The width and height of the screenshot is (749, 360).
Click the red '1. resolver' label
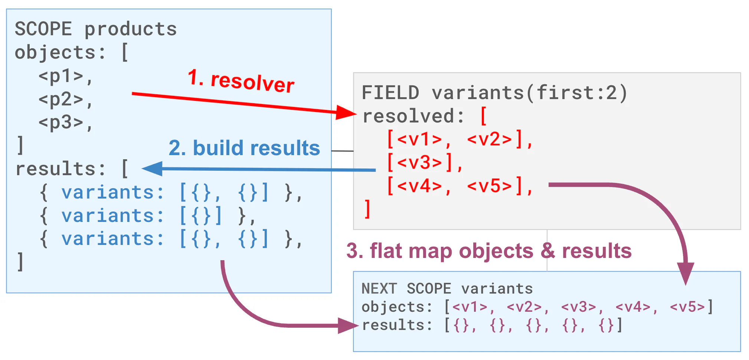[241, 81]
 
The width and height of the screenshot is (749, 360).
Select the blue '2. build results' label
[244, 148]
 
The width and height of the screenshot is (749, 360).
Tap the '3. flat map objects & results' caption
[489, 251]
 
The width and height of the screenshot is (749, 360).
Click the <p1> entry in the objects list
[61, 76]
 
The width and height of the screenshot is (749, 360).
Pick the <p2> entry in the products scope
[61, 99]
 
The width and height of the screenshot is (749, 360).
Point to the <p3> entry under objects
[61, 122]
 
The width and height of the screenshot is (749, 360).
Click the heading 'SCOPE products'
[96, 29]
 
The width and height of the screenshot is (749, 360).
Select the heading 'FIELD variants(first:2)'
[494, 93]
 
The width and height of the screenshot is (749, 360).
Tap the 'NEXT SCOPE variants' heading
[447, 289]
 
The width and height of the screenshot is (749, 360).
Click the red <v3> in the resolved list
[420, 163]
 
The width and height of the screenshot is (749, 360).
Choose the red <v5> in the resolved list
[490, 186]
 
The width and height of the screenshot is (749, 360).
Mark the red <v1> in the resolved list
[420, 140]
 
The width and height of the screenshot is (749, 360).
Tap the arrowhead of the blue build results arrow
[152, 169]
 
